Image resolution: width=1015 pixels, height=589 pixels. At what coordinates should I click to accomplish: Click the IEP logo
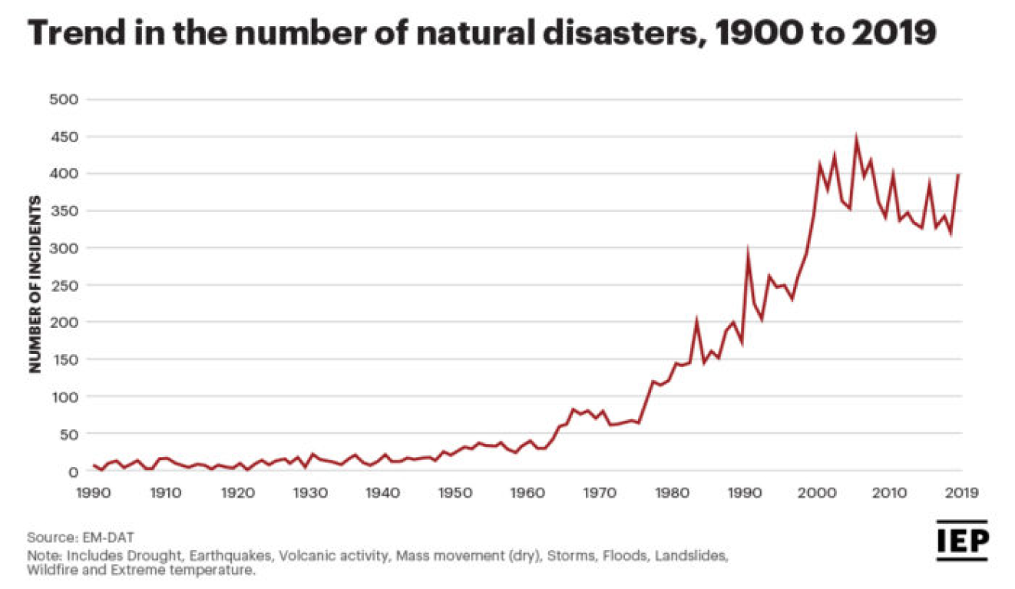click(961, 540)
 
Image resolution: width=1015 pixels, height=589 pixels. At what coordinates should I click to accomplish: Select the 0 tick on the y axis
click(74, 471)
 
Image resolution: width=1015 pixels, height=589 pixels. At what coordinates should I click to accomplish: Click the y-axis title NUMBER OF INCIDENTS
click(35, 285)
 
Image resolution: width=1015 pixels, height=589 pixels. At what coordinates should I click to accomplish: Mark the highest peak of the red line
click(856, 139)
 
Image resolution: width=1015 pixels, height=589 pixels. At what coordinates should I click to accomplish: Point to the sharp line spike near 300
click(747, 250)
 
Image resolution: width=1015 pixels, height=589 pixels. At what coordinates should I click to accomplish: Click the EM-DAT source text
click(102, 537)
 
